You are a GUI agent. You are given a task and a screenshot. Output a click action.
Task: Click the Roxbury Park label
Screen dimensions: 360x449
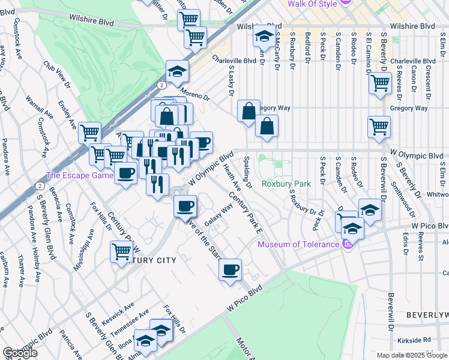coord(286,184)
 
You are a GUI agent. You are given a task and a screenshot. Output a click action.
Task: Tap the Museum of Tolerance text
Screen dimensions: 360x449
coord(298,244)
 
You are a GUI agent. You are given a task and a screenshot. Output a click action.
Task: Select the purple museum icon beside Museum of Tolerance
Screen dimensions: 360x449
coord(346,244)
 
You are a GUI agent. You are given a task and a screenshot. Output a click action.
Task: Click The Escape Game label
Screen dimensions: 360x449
coord(80,176)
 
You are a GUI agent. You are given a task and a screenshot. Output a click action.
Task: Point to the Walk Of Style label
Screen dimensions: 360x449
coord(312,4)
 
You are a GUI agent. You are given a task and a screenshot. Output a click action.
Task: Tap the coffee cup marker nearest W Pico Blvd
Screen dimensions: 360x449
coord(230,269)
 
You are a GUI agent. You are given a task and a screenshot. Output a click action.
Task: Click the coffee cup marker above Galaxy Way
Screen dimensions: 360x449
coord(185,206)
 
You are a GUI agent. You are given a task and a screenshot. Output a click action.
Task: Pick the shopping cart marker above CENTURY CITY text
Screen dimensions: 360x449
coord(121,251)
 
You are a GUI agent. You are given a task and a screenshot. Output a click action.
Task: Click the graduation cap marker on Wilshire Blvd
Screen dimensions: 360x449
coord(263,37)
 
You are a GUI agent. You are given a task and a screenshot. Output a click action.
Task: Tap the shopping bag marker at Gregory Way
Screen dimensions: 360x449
coord(249,110)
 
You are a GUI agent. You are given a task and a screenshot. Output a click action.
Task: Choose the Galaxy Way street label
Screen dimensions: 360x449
coord(219,215)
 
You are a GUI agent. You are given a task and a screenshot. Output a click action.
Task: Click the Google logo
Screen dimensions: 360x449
coord(20,353)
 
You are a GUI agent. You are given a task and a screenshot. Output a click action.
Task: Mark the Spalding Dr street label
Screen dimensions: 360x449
coord(248,172)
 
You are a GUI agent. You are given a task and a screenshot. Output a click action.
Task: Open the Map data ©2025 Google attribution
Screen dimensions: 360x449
coord(412,355)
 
